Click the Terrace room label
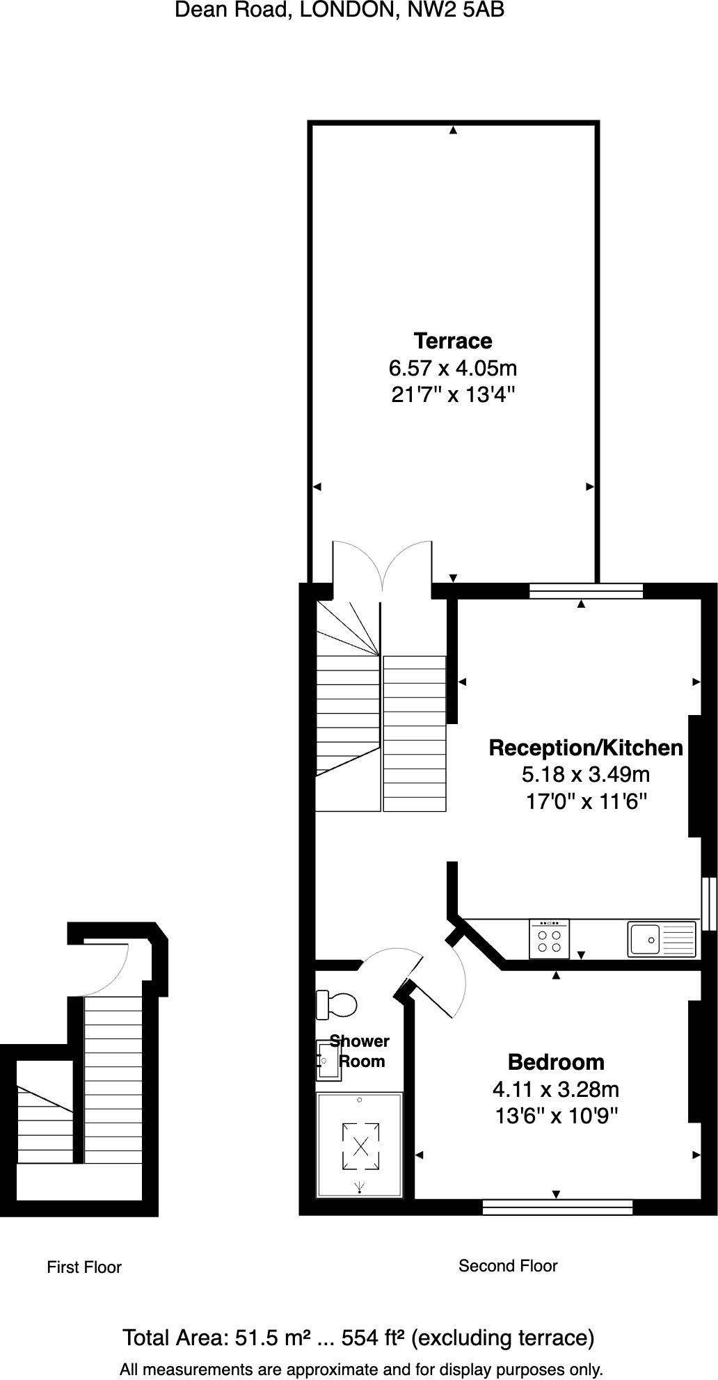point(453,341)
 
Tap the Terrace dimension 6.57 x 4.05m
point(453,367)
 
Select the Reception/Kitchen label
point(586,748)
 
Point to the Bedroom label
point(556,1062)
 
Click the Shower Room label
point(360,1051)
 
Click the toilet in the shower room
point(337,1004)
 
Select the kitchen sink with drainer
point(662,940)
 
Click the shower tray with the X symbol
point(360,1144)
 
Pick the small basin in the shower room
point(327,1061)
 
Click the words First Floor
point(84,1267)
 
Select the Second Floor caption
point(508,1266)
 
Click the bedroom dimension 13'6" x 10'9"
point(556,1116)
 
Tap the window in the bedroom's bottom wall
point(557,1207)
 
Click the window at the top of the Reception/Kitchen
point(586,591)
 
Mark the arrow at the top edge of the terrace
point(453,130)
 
